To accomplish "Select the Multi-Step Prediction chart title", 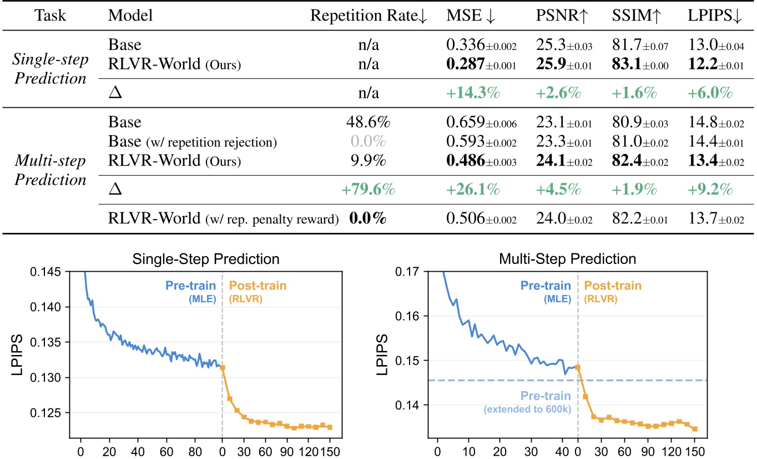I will click(x=563, y=258).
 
